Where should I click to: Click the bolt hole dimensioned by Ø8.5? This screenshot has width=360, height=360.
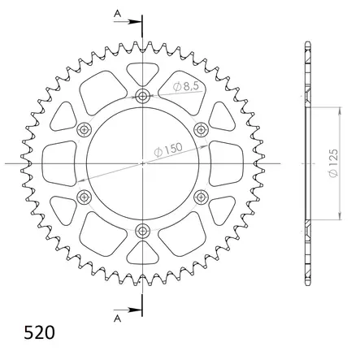[142, 97]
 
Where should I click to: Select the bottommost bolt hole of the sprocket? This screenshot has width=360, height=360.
[142, 230]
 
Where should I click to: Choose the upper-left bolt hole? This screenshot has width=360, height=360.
[85, 130]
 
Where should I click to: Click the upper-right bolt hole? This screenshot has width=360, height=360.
[200, 130]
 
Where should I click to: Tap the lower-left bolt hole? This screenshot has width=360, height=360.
[85, 197]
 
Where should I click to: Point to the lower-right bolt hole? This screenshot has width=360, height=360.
[200, 197]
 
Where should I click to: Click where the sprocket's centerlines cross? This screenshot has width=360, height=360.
[142, 163]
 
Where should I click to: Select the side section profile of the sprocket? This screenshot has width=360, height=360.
[308, 163]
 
